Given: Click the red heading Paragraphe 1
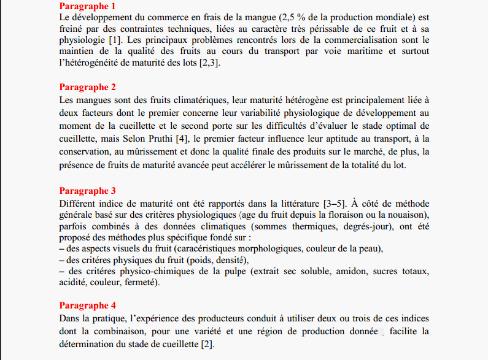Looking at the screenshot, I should (x=88, y=6).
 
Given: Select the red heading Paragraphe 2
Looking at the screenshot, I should (x=88, y=87).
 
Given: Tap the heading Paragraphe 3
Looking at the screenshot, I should (x=88, y=191).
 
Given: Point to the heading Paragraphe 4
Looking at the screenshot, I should (x=88, y=305).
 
